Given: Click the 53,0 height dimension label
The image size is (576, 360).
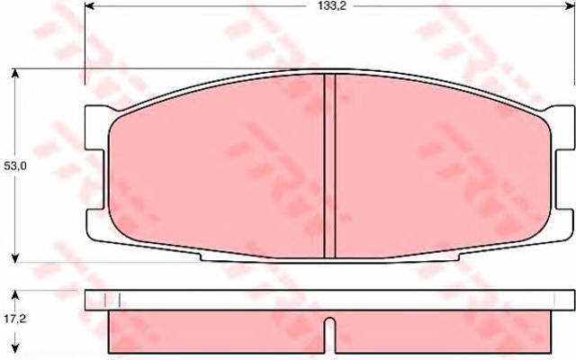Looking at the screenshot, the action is pos(14,166).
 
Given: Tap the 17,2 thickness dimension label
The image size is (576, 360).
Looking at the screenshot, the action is pos(14,319).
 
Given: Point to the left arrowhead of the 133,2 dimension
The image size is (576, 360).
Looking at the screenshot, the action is pos(90,6).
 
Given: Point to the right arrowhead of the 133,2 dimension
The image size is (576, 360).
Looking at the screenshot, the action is pos(570,6).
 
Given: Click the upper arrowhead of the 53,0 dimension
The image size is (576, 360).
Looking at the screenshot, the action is pos(14,74).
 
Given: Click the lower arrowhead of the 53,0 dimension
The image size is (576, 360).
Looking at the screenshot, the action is pos(14,258).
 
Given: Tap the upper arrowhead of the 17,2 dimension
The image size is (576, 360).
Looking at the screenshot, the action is pos(14,295).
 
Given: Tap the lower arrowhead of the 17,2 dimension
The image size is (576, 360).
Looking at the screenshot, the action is pos(14,347).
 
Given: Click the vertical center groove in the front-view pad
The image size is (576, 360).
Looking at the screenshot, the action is pos(330,166).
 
